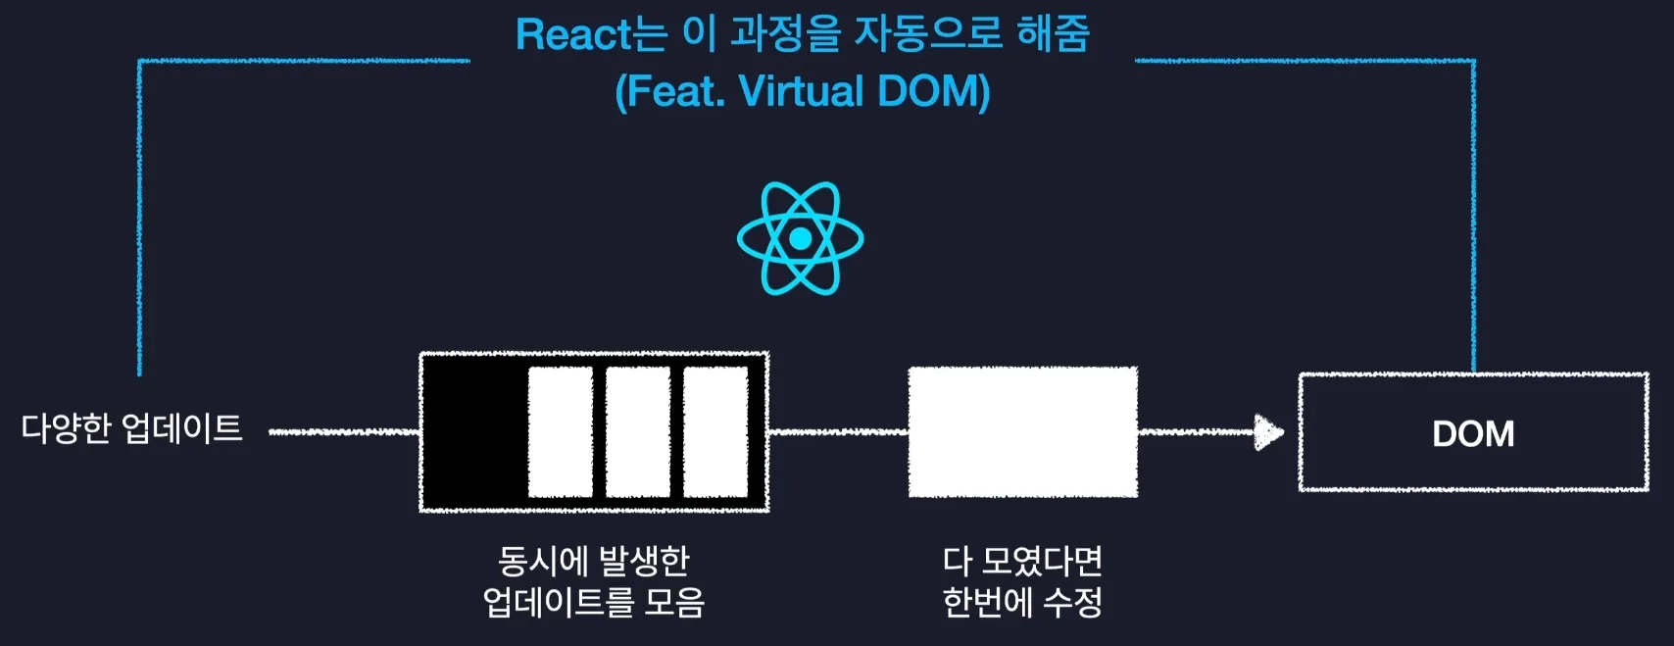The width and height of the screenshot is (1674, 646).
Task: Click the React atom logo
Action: point(800,238)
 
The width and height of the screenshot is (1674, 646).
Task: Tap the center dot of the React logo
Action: point(800,238)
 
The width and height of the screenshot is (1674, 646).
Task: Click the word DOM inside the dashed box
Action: point(1473,433)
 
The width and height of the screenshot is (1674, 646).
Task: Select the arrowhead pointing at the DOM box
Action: point(1268,431)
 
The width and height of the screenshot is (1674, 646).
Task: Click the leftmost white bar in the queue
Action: point(560,432)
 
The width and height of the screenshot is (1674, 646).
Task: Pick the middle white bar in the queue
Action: point(637,432)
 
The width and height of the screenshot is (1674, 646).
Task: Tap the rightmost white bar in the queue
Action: point(714,432)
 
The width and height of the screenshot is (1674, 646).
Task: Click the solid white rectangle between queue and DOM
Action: point(1022,432)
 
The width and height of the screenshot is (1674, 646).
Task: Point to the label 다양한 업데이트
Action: point(132,428)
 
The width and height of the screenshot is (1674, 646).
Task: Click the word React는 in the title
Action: point(591,34)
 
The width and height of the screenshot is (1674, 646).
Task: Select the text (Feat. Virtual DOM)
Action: point(802,91)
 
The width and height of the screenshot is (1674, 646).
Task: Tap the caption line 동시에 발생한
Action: point(594,561)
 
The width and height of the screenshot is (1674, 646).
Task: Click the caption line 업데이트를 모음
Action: point(594,602)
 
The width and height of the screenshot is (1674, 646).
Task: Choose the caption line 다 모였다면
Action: point(1022,561)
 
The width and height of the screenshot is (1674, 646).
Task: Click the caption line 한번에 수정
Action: point(1022,602)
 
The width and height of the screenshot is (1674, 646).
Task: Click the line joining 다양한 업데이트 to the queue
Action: point(343,431)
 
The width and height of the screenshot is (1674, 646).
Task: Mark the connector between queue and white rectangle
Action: point(838,431)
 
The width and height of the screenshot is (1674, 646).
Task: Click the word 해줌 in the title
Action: point(1054,34)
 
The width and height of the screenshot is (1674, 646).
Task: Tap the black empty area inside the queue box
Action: point(473,432)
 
